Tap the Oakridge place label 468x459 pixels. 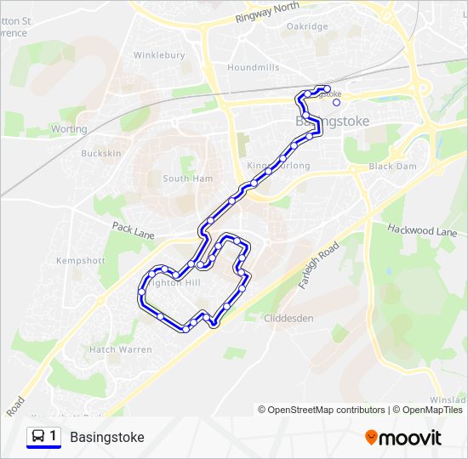click(307, 27)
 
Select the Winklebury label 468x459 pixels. click(159, 56)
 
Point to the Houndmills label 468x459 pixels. click(254, 67)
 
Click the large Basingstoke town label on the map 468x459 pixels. click(332, 122)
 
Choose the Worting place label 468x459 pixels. click(69, 129)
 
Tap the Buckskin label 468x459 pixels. click(101, 154)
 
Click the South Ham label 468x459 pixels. click(188, 179)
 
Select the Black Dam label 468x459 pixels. click(393, 167)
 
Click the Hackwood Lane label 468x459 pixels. click(422, 230)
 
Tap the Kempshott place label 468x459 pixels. click(80, 260)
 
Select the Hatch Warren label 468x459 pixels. click(121, 349)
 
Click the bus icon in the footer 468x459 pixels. click(38, 437)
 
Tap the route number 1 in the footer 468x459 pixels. click(54, 437)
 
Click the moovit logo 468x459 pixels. click(403, 438)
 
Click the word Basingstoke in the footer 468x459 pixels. click(107, 438)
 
